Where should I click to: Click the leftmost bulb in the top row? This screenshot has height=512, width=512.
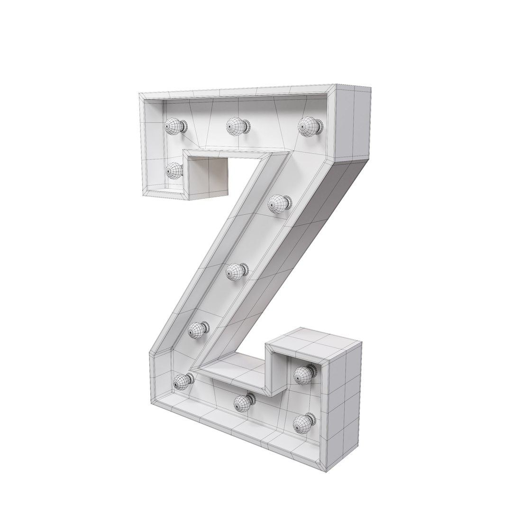174,126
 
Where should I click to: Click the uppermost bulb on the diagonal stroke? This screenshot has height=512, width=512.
279,204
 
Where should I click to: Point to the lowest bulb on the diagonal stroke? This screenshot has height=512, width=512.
198,330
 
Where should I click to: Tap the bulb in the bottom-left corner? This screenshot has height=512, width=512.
183,381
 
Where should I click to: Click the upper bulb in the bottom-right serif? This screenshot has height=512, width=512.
303,375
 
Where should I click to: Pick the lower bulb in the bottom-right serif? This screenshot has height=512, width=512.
302,421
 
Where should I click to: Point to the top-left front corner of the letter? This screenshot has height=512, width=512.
139,95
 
